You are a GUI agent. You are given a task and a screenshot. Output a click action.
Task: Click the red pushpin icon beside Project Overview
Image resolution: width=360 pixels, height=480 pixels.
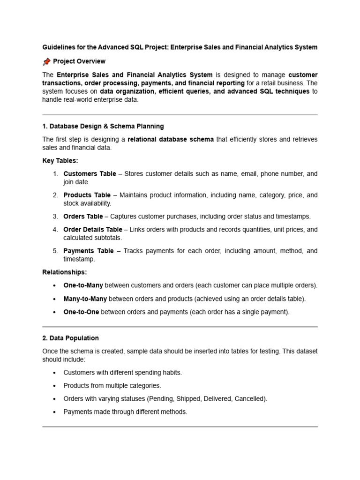tap(46, 61)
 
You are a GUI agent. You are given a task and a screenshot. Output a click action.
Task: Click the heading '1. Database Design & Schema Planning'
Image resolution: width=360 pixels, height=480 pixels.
tap(103, 126)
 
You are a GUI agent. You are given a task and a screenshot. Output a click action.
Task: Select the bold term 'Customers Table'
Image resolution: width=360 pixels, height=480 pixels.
tap(90, 174)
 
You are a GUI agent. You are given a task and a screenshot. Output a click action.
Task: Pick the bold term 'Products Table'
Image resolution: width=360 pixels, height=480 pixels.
tap(87, 195)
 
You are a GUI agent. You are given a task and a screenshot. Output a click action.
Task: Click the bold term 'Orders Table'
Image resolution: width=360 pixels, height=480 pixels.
tap(83, 217)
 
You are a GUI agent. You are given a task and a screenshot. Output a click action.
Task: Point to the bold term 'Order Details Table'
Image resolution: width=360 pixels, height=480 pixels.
tap(93, 230)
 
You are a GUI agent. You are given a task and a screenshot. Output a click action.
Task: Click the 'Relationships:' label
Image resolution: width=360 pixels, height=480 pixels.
tap(64, 272)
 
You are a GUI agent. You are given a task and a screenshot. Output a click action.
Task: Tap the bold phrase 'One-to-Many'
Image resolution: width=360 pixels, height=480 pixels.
tap(83, 285)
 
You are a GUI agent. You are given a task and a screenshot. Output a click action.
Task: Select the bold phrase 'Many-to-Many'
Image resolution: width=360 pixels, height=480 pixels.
tap(85, 299)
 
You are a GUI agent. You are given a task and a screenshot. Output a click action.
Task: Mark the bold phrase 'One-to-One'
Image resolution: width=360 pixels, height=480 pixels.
tap(81, 312)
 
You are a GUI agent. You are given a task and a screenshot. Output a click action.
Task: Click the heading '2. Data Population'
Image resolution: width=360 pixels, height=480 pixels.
tap(70, 338)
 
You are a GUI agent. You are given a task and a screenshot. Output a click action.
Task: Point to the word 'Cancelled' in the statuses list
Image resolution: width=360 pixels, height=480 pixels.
tap(251, 399)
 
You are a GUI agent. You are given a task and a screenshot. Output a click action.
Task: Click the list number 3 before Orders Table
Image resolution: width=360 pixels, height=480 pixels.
tap(55, 217)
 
